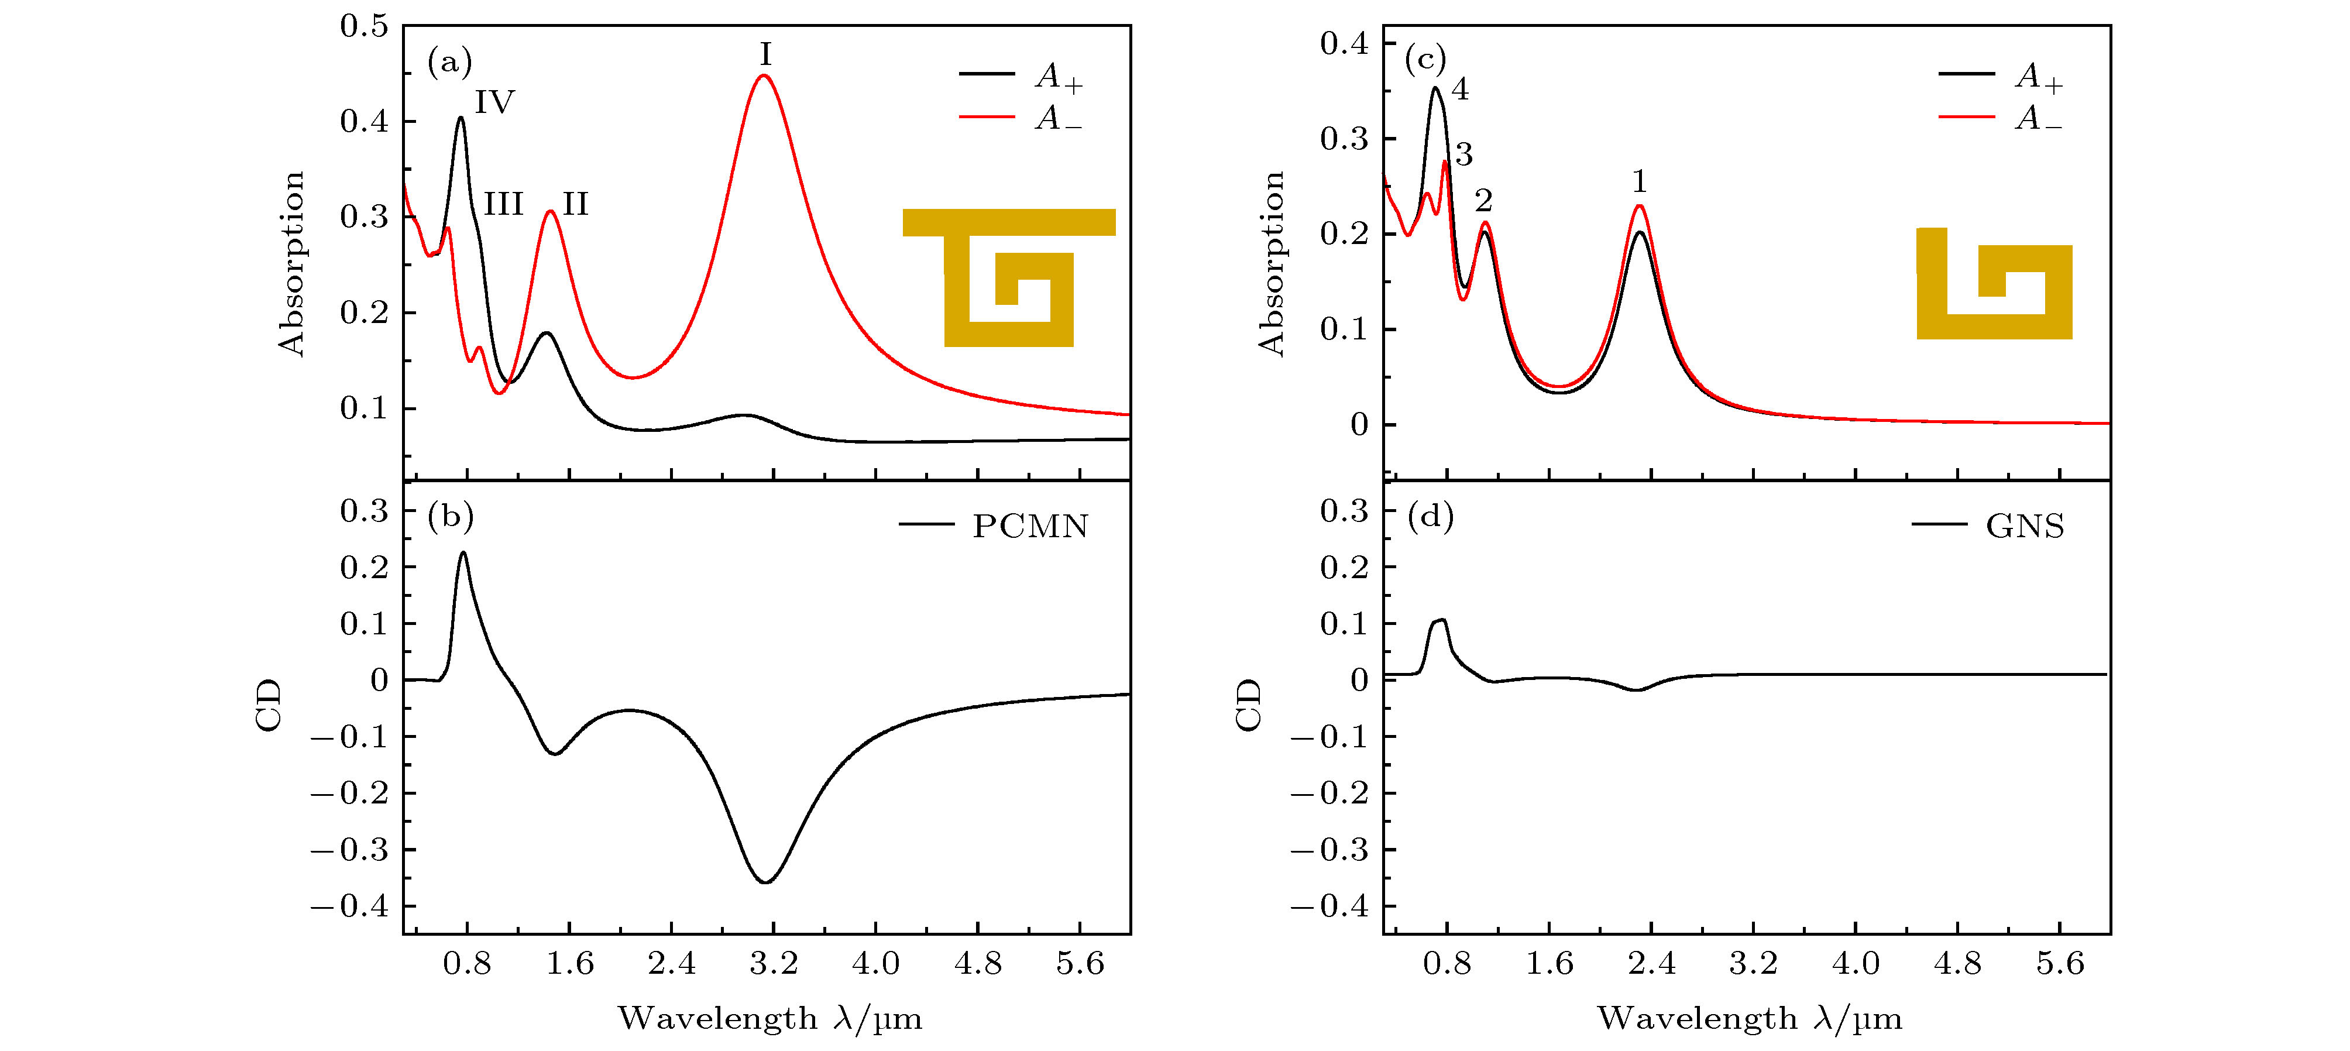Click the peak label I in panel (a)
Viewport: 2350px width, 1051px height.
click(x=765, y=56)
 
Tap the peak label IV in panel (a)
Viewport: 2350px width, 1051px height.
click(x=494, y=102)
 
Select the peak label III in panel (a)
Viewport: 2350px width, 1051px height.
click(x=503, y=204)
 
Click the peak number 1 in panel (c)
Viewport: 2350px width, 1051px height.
click(x=1640, y=183)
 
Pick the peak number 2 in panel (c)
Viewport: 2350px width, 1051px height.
click(x=1483, y=201)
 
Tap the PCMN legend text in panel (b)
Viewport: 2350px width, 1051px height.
click(x=1030, y=527)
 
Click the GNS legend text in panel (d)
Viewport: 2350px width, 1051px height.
click(x=2024, y=527)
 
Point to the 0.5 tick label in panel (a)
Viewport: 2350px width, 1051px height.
click(x=364, y=26)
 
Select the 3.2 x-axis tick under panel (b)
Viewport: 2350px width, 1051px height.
click(x=774, y=963)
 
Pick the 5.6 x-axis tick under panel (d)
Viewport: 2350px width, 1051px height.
click(x=2060, y=963)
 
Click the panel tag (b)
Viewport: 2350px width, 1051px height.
click(x=450, y=517)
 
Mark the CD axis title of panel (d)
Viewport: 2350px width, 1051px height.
click(x=1248, y=705)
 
